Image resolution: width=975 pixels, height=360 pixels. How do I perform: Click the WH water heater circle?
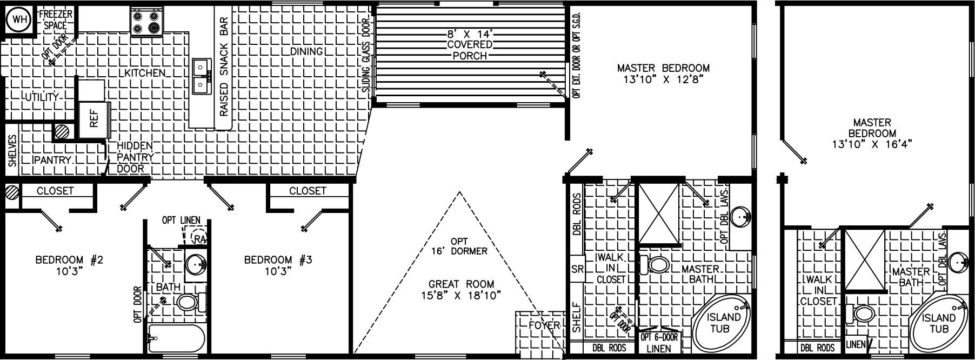pyautogui.click(x=19, y=21)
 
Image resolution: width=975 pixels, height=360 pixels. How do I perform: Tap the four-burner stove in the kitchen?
pyautogui.click(x=147, y=22)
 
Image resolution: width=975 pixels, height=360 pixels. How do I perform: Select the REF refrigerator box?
pyautogui.click(x=92, y=121)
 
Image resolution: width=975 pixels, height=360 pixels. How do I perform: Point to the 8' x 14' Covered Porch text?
pyautogui.click(x=470, y=44)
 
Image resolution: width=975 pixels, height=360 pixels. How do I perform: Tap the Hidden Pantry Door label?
pyautogui.click(x=135, y=157)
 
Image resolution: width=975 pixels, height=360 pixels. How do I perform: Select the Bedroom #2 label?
pyautogui.click(x=69, y=265)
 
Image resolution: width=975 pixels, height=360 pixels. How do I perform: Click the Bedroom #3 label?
pyautogui.click(x=278, y=265)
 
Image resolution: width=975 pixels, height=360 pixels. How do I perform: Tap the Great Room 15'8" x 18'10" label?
pyautogui.click(x=461, y=289)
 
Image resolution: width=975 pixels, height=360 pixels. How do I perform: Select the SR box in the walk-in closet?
pyautogui.click(x=577, y=269)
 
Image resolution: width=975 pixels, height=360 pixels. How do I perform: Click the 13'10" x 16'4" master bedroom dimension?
pyautogui.click(x=869, y=144)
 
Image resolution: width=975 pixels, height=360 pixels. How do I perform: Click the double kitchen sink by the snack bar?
pyautogui.click(x=201, y=76)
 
